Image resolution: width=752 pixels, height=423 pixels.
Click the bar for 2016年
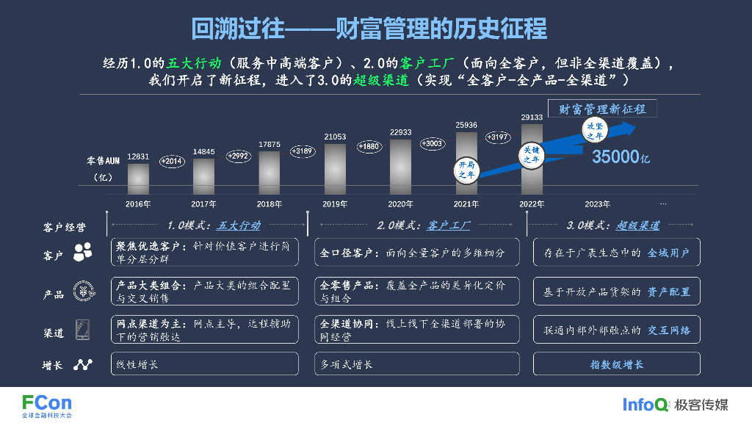138,177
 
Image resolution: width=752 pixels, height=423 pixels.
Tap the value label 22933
400,132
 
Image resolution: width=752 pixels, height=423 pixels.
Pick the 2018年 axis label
270,204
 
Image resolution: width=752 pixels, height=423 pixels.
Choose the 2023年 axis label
597,204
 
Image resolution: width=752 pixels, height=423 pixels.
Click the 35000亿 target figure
621,156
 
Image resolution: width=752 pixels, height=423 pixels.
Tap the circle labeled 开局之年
467,170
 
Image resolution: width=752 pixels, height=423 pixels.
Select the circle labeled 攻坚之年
594,131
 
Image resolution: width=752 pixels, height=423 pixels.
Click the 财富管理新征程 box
602,109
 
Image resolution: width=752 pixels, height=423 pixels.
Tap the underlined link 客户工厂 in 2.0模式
448,225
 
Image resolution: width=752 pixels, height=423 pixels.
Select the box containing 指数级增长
616,364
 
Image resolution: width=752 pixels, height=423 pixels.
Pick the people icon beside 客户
82,251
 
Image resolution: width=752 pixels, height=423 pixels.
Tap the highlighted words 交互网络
668,330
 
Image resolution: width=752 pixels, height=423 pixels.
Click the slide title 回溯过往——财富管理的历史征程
369,29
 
